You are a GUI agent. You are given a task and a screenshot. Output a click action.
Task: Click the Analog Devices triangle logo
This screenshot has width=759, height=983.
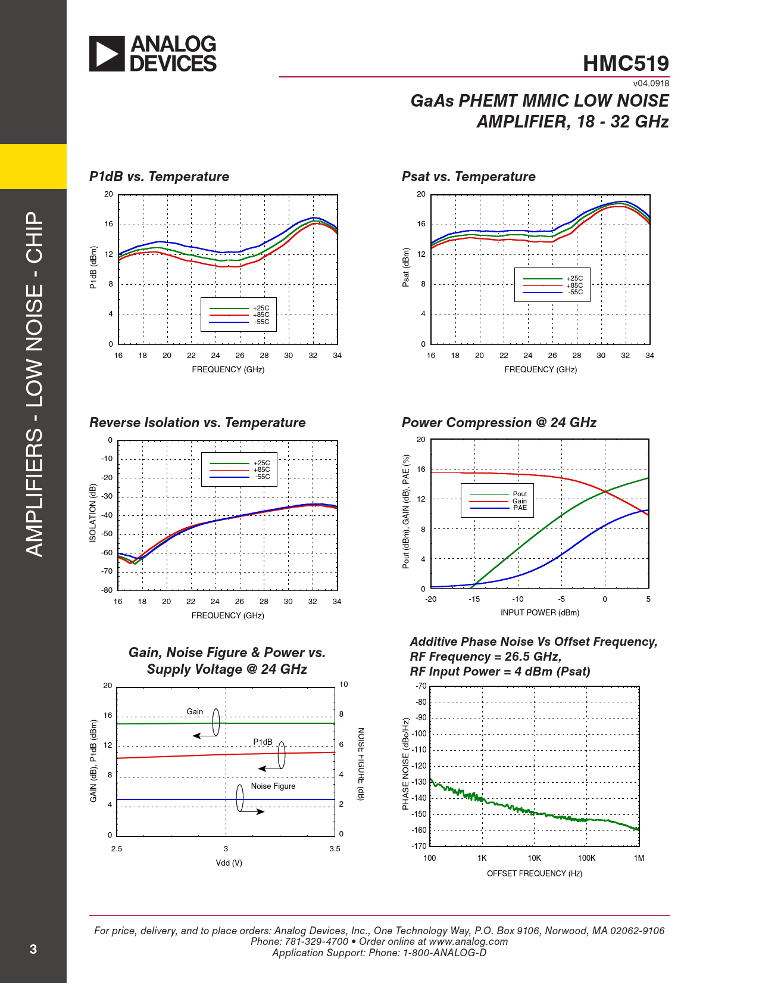click(x=107, y=54)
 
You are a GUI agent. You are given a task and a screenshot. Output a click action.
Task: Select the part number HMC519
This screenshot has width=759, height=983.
click(x=626, y=64)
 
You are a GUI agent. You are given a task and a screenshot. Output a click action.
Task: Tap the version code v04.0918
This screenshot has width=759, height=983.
click(x=651, y=84)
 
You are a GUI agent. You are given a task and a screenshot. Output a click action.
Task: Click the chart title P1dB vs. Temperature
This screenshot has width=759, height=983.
click(x=159, y=177)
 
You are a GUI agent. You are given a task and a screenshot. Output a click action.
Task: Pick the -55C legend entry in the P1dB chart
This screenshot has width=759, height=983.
click(x=262, y=322)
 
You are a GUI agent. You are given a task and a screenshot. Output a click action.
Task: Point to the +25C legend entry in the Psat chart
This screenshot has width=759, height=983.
click(x=574, y=278)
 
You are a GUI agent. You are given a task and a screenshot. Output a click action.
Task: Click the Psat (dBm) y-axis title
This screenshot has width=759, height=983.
click(x=406, y=267)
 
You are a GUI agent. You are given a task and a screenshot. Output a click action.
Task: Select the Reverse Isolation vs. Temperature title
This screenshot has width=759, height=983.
click(x=197, y=423)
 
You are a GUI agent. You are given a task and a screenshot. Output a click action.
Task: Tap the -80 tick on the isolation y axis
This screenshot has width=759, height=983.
click(x=107, y=590)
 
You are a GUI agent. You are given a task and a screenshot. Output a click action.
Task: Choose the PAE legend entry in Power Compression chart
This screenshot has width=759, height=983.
click(x=520, y=508)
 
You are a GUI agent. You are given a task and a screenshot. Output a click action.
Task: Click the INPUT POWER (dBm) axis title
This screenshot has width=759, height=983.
click(x=539, y=613)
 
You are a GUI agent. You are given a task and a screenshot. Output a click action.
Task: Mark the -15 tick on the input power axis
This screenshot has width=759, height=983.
click(x=474, y=599)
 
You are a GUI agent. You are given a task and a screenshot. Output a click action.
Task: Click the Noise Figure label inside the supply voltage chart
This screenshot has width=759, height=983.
click(x=273, y=786)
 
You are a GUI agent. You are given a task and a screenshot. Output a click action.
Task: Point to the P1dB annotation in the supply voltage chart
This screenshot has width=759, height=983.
click(x=263, y=742)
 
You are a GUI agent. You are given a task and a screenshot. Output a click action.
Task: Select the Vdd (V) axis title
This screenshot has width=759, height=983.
click(x=229, y=863)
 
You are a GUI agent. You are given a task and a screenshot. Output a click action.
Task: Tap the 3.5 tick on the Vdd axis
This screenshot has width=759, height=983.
click(x=335, y=849)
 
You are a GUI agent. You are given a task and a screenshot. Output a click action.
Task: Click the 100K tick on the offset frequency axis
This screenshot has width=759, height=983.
click(x=586, y=858)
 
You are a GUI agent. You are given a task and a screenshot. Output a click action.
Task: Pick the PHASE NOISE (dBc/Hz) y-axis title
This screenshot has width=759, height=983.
click(x=406, y=764)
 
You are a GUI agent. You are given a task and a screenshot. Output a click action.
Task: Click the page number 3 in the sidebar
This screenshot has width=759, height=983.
click(x=33, y=950)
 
